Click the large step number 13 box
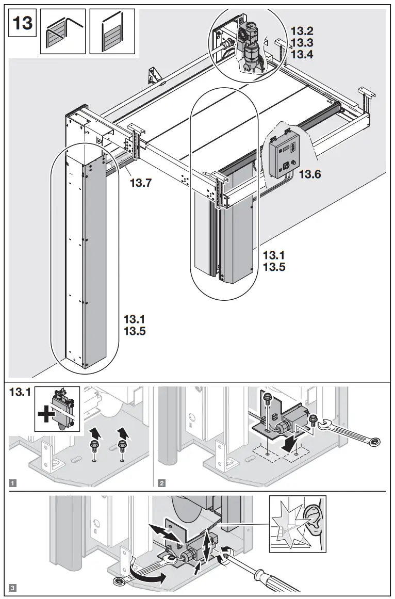22,23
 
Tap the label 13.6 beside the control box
310,174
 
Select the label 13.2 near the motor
302,31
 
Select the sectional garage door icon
62,32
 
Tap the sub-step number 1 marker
13,483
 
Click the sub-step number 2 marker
162,483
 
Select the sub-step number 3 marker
13,588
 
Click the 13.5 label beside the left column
135,331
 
